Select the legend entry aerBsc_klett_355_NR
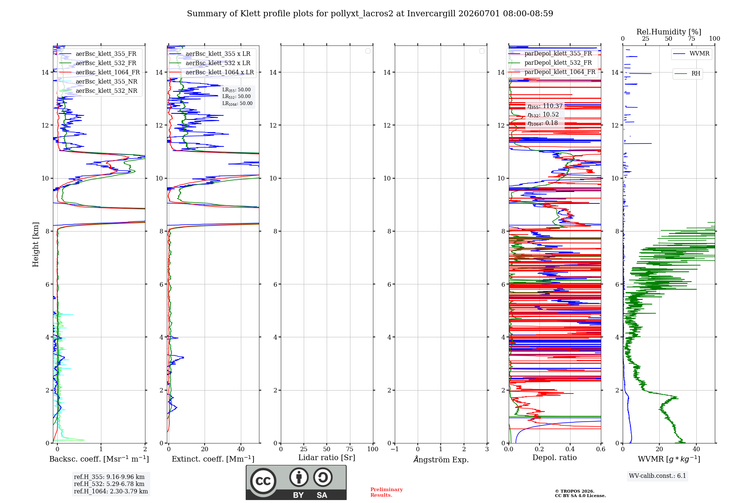98,81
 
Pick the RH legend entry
687,73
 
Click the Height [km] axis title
36,244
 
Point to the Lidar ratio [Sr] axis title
327,458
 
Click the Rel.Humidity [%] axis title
669,32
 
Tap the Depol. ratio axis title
554,458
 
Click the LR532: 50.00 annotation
236,97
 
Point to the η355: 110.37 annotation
545,106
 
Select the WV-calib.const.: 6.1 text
657,476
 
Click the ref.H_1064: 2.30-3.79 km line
111,491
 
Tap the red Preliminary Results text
387,492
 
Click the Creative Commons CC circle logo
263,481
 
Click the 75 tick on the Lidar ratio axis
350,449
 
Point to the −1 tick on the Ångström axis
395,449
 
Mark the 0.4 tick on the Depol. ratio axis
570,449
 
